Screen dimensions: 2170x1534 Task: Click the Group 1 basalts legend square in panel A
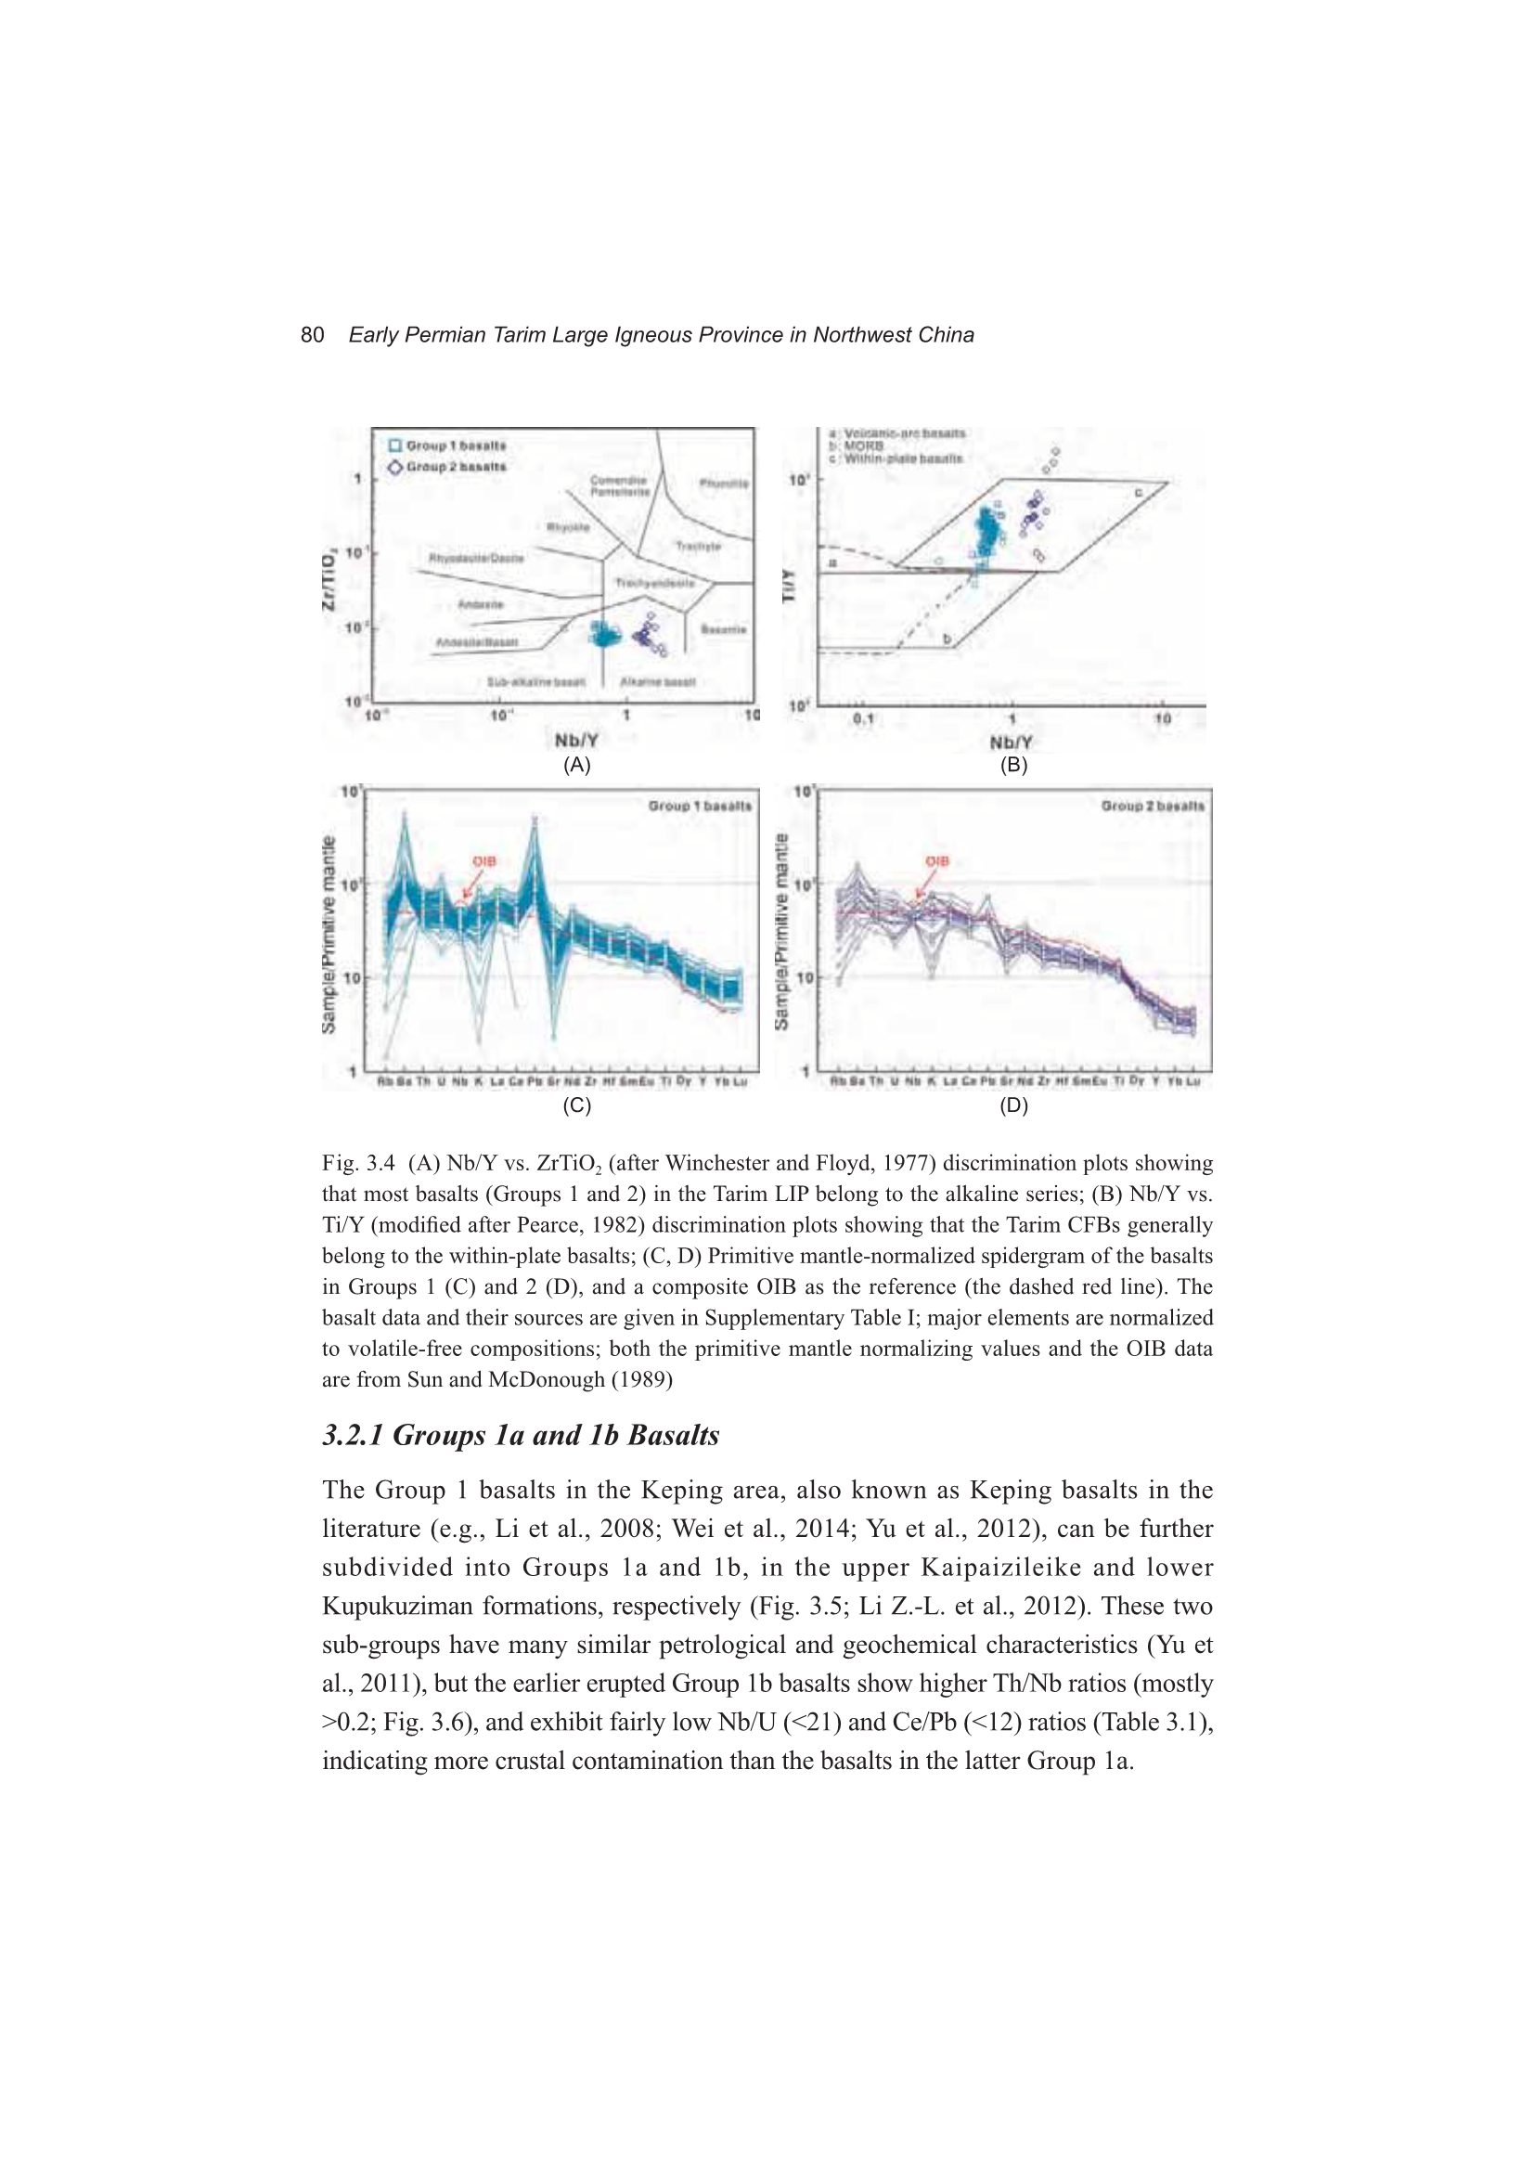(x=396, y=446)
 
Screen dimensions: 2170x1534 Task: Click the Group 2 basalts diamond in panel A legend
(x=396, y=467)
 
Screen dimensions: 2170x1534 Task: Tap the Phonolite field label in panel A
(x=723, y=484)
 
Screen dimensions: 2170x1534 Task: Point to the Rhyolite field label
(x=567, y=526)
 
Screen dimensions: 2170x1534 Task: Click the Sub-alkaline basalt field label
(x=535, y=681)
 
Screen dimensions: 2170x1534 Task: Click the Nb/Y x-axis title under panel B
(x=1012, y=742)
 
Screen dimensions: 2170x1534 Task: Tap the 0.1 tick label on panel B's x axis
(x=864, y=719)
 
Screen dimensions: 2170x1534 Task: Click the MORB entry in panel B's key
(x=863, y=446)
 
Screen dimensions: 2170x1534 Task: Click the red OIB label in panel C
(x=483, y=861)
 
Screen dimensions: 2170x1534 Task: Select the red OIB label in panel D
(x=936, y=861)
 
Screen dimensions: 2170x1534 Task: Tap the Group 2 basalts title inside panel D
(x=1153, y=807)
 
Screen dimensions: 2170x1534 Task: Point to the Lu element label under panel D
(x=1192, y=1081)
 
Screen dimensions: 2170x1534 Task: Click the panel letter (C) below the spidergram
(x=576, y=1104)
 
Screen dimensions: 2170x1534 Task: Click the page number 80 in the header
(x=312, y=334)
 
